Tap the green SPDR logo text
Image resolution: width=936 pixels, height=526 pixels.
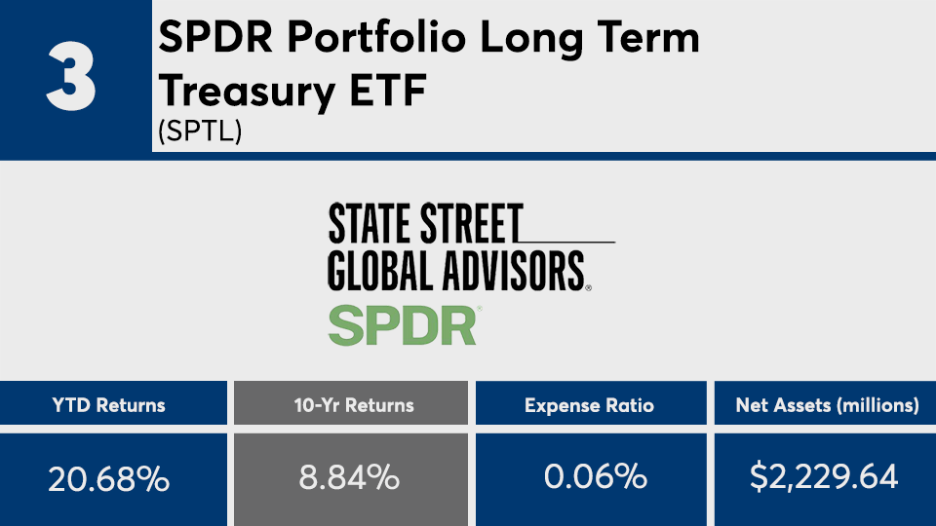403,325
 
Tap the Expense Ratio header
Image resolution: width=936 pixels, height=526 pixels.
589,404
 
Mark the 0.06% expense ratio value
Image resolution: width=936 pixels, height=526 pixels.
589,477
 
